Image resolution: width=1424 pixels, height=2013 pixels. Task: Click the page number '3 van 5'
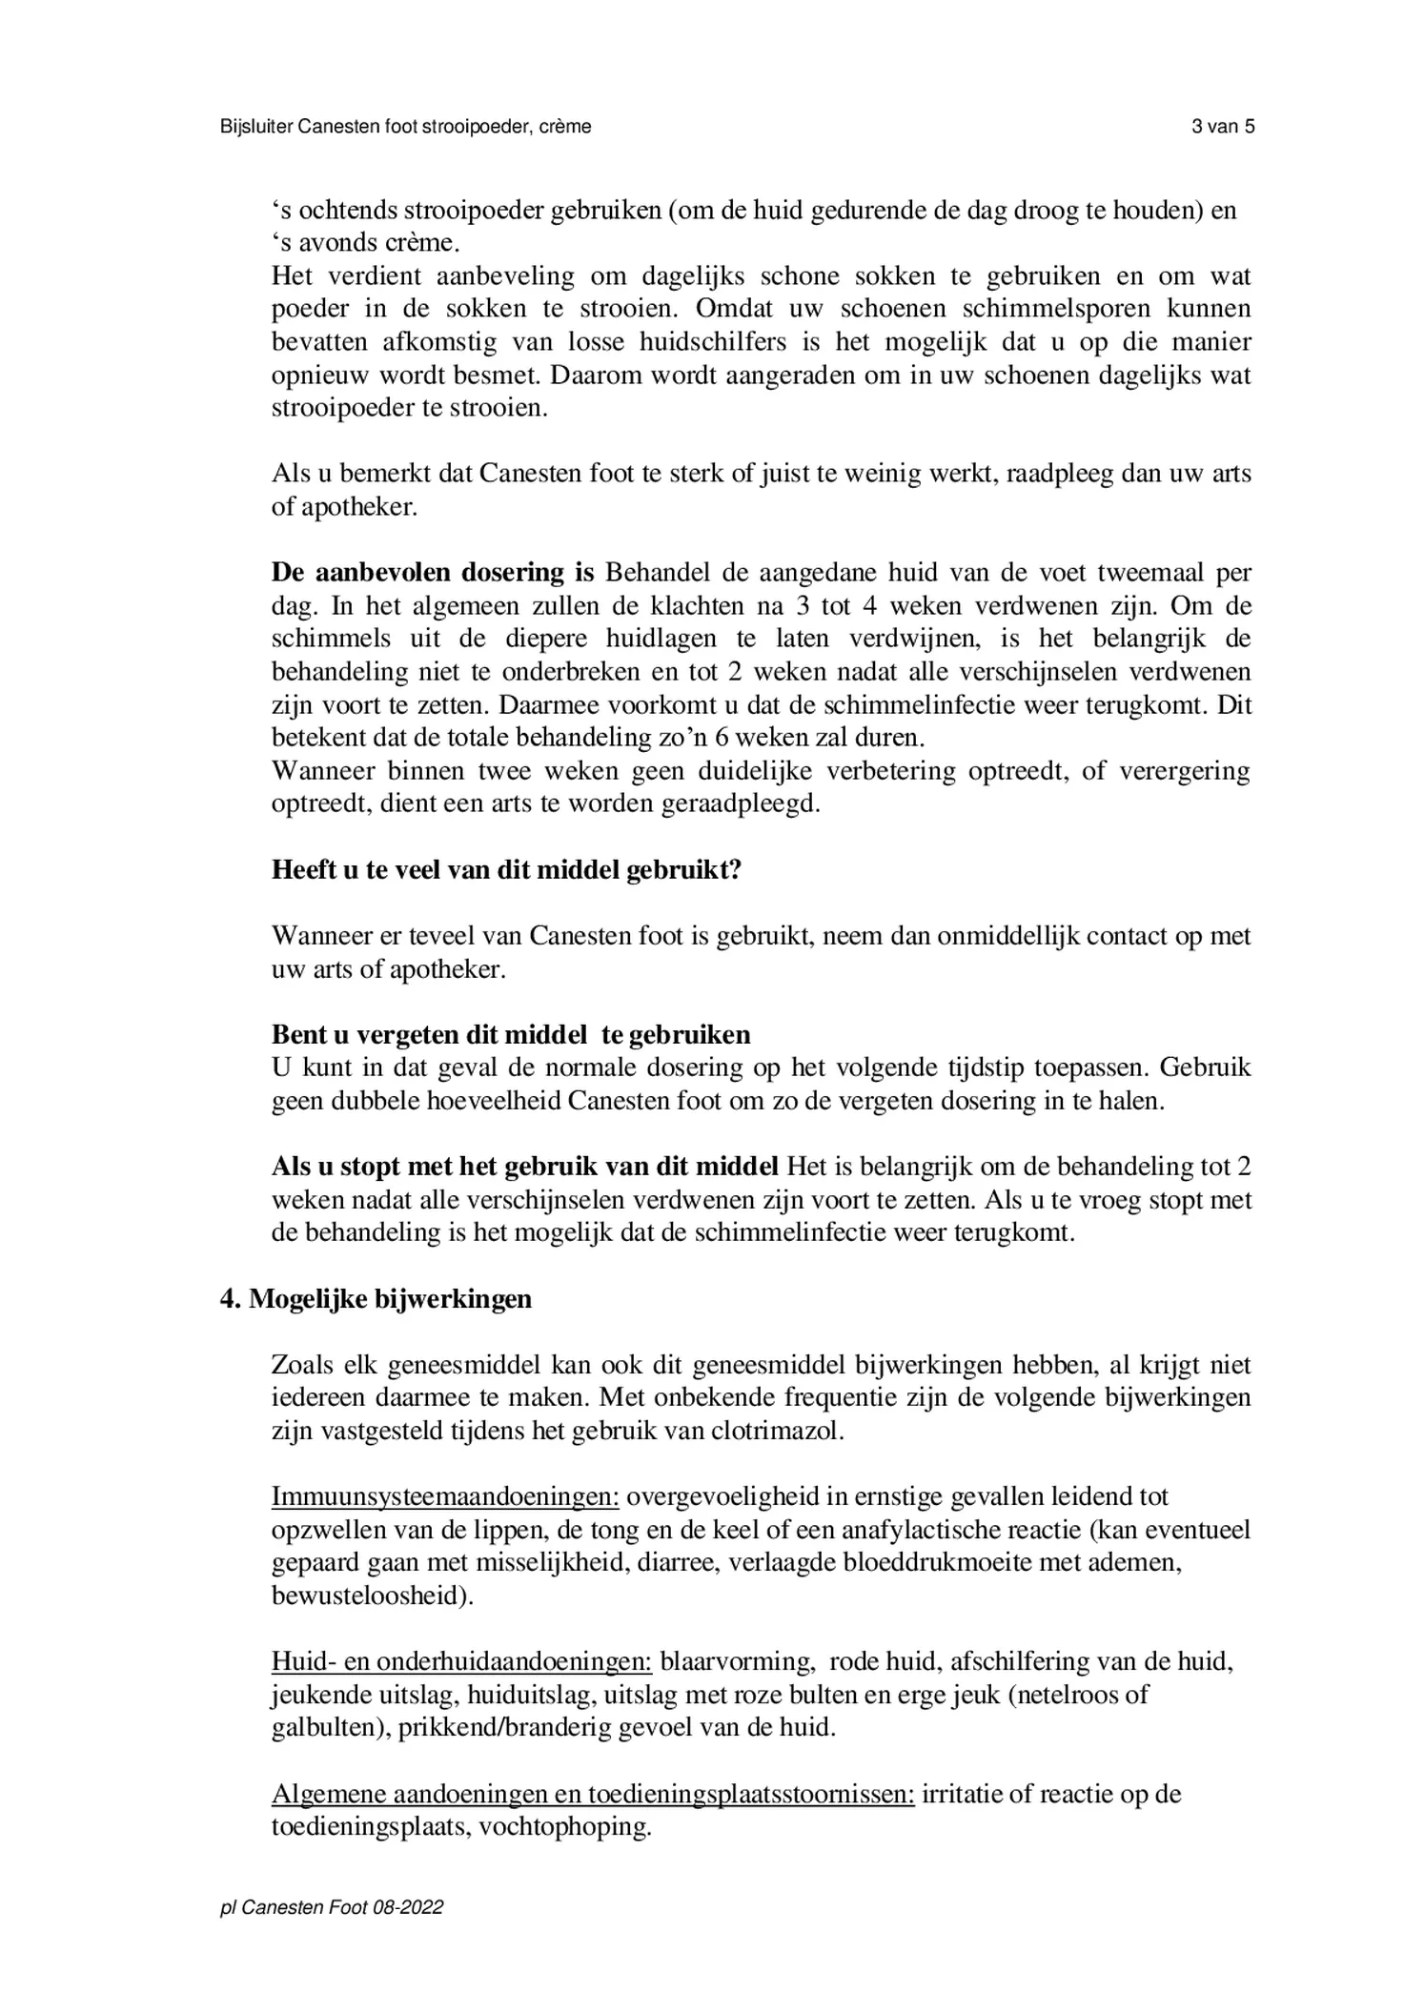click(x=1222, y=127)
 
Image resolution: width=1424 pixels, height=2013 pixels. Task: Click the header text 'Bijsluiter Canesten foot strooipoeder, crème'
click(x=405, y=127)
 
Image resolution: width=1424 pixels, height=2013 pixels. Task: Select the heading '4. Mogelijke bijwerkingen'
click(x=376, y=1299)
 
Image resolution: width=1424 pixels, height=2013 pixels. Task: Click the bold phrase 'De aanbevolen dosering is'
click(x=433, y=573)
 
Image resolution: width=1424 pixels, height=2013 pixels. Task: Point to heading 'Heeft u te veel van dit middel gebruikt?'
click(x=506, y=869)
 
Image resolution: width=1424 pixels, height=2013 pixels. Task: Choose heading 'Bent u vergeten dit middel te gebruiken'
click(x=511, y=1034)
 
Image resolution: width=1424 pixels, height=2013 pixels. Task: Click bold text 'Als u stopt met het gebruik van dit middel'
click(x=525, y=1167)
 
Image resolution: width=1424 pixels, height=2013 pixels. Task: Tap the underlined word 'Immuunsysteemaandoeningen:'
click(x=445, y=1497)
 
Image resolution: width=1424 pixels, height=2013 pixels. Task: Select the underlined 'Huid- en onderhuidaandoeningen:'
click(x=461, y=1661)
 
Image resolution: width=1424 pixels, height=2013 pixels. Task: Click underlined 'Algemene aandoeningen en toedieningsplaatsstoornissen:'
click(x=593, y=1794)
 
